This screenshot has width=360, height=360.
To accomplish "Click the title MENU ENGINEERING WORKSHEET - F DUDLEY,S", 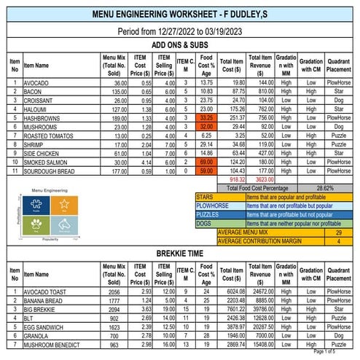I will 179,14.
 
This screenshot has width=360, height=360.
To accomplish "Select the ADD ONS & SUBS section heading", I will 179,45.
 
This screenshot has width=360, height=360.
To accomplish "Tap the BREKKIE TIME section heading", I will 179,254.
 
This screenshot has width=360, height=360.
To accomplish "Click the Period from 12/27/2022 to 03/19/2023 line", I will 179,31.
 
